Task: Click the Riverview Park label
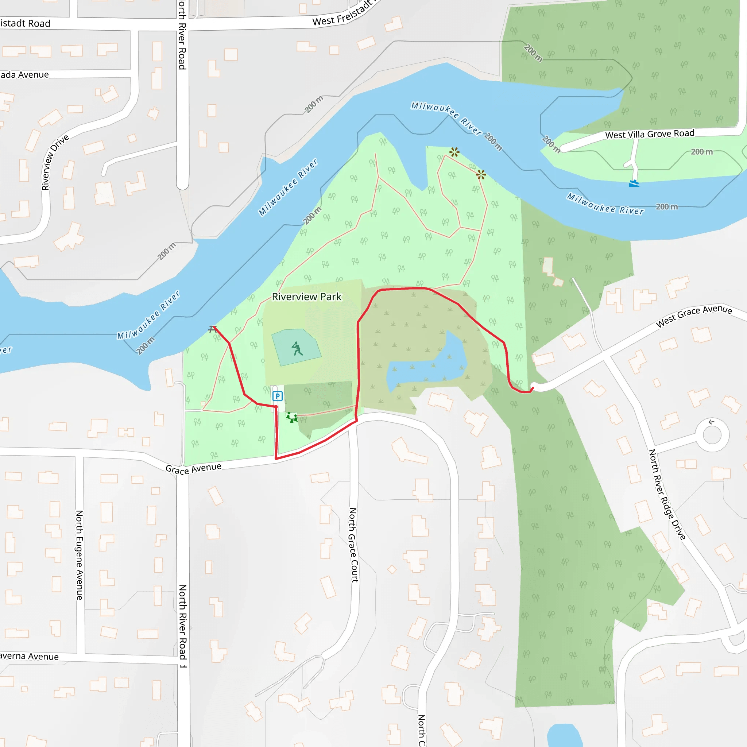[307, 297]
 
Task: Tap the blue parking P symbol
[277, 396]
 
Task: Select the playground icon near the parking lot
[292, 417]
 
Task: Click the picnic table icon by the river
[212, 329]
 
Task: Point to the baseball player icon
[297, 348]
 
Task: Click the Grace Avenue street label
[193, 468]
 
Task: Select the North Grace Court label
[353, 545]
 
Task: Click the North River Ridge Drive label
[667, 495]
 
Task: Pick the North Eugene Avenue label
[80, 555]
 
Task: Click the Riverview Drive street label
[55, 162]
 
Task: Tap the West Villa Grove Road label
[650, 134]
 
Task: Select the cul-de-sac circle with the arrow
[712, 434]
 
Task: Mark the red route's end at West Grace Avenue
[533, 388]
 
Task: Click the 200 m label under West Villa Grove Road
[702, 152]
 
